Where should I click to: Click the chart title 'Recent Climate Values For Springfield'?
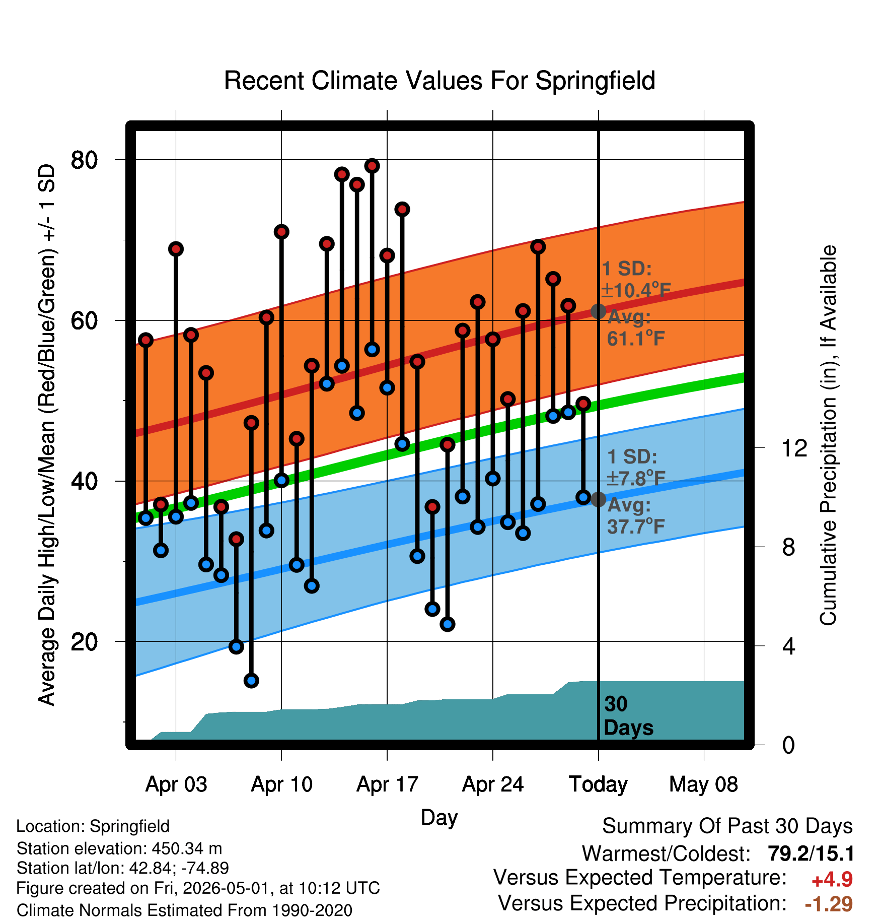click(439, 81)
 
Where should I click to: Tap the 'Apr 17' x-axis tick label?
click(387, 784)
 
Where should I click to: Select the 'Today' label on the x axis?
click(598, 784)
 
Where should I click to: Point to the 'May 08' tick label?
click(703, 784)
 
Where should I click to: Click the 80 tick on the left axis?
click(84, 160)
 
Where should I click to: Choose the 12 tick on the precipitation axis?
click(794, 447)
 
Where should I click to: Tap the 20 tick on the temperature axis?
click(84, 641)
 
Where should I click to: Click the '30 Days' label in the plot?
click(628, 716)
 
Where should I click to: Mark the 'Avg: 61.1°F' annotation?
click(635, 327)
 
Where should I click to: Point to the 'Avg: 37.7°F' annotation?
click(635, 515)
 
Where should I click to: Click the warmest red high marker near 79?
click(372, 166)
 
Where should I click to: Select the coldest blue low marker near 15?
click(251, 681)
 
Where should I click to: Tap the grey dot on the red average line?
click(598, 311)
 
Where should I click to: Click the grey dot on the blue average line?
click(598, 499)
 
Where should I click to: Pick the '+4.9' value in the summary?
click(832, 880)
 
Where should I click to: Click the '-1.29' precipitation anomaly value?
click(829, 904)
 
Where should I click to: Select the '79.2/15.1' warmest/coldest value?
click(811, 853)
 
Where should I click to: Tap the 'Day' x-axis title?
click(439, 817)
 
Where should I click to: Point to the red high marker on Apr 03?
click(176, 249)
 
